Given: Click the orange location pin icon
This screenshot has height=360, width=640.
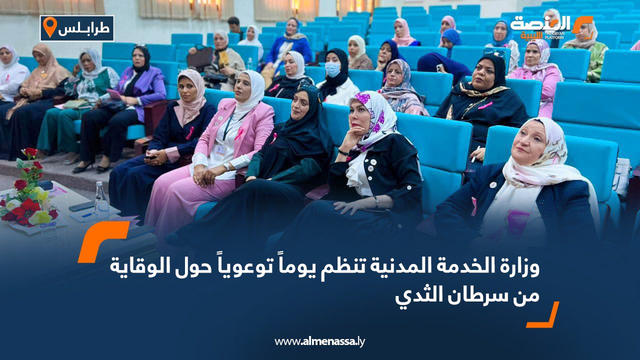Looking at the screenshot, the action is (49, 26).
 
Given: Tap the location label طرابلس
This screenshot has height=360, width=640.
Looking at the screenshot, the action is (84, 29).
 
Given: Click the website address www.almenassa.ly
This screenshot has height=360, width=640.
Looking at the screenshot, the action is (319, 341).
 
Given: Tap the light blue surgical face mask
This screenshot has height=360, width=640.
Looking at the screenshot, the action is (332, 69).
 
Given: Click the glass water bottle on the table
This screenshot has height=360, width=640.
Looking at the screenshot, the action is (101, 199).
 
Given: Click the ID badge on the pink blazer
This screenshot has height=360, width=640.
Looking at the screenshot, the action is (221, 149).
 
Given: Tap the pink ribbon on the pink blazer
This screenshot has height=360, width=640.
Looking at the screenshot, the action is (238, 133).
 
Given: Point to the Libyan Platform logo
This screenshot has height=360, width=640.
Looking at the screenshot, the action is (551, 27).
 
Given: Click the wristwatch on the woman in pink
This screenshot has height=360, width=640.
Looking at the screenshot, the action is (226, 166).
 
